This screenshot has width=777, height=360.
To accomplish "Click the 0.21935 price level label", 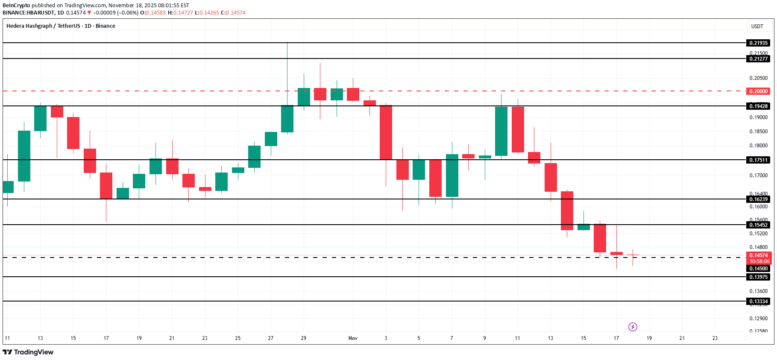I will [x=758, y=43].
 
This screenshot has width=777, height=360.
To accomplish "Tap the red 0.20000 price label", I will [x=758, y=91].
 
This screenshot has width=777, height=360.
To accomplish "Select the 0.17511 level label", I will [x=758, y=160].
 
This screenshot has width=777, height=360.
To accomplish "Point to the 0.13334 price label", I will [x=758, y=301].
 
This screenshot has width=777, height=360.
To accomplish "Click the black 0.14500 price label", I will [x=758, y=269].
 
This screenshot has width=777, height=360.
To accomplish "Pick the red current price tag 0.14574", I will [x=758, y=255].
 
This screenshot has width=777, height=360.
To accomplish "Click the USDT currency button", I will [x=757, y=26].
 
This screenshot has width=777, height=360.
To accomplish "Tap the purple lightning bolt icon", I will [x=633, y=327].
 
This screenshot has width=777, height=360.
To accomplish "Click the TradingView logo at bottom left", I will [x=28, y=352].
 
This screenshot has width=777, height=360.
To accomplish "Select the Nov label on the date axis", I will [x=353, y=338].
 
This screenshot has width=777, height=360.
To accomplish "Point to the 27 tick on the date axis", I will [x=271, y=338].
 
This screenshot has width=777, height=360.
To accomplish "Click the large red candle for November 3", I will [x=386, y=132].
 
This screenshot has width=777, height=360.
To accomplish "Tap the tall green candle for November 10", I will [x=501, y=131].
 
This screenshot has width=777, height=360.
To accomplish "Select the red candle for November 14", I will [x=567, y=211].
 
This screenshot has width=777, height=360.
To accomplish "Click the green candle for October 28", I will [x=287, y=119].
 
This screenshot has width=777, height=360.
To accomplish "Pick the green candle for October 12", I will [x=24, y=156].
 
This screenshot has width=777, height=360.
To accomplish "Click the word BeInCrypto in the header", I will [x=16, y=6].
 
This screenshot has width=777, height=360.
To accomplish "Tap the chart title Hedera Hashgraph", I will [x=29, y=26].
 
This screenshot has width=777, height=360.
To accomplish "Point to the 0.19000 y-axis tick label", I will [x=758, y=117].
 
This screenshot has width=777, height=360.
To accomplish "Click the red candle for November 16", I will [x=600, y=238].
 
